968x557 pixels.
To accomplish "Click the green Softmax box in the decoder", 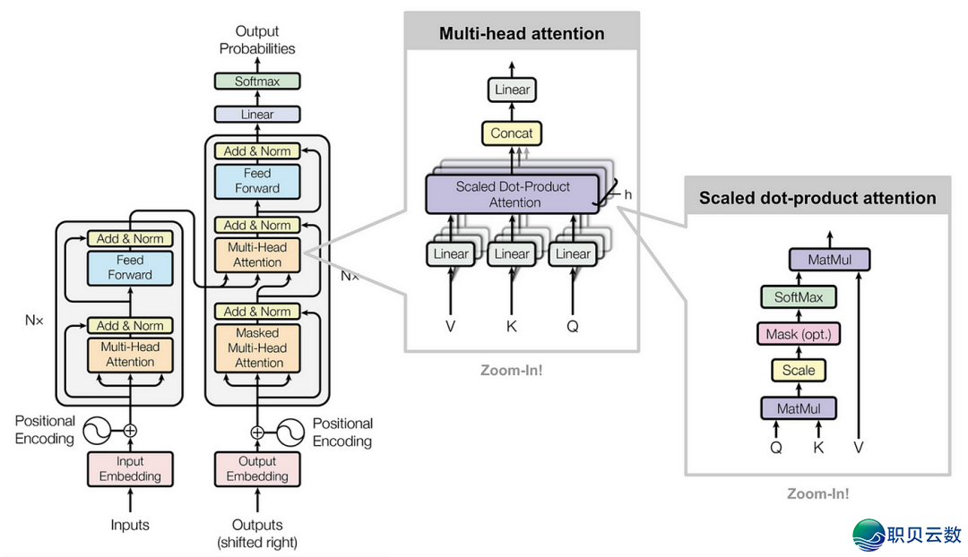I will pos(257,81).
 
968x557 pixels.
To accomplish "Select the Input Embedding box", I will pos(130,469).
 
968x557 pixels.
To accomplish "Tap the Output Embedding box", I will pos(257,469).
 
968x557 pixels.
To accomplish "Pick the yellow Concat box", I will pos(512,133).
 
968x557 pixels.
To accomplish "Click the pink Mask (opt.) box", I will pos(799,335).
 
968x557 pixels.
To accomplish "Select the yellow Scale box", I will pos(799,370).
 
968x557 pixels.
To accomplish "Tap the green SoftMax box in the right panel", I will pos(799,297).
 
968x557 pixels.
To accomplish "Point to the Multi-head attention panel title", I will pos(522,34).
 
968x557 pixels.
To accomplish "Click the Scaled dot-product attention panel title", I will pos(817,198).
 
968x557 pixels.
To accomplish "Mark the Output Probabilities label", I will pos(257,40).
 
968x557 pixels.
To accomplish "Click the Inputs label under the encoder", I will pos(130,525).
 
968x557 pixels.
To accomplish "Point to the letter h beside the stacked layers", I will pos(628,194).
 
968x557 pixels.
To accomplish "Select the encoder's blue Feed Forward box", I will pos(130,268).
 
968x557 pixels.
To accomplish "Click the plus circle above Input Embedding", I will pos(130,431).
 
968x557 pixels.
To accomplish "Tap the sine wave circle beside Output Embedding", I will pos(290,433).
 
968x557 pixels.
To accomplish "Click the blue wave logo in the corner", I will pos(868,535).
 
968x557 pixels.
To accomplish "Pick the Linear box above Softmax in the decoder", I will pos(257,115).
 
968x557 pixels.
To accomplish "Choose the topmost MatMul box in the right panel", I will pos(830,260).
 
